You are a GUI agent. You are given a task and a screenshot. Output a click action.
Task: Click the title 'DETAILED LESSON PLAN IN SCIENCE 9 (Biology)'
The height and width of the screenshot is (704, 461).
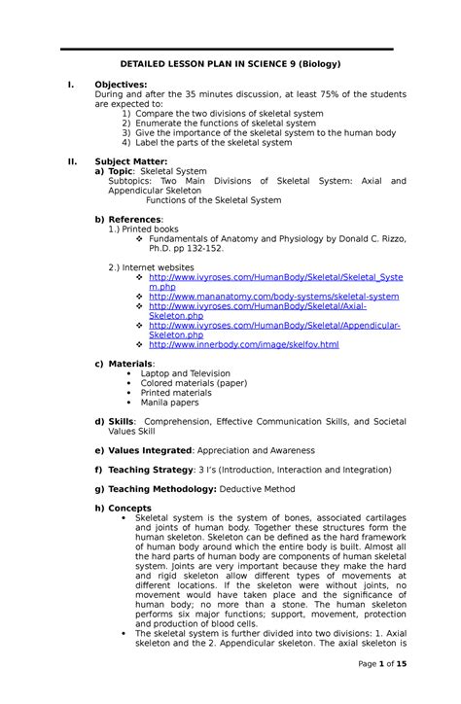click(x=230, y=64)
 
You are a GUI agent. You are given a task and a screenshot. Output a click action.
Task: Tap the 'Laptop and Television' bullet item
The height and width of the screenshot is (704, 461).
click(x=185, y=373)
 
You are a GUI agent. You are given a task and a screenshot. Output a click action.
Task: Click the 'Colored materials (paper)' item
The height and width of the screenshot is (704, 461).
click(x=194, y=383)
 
